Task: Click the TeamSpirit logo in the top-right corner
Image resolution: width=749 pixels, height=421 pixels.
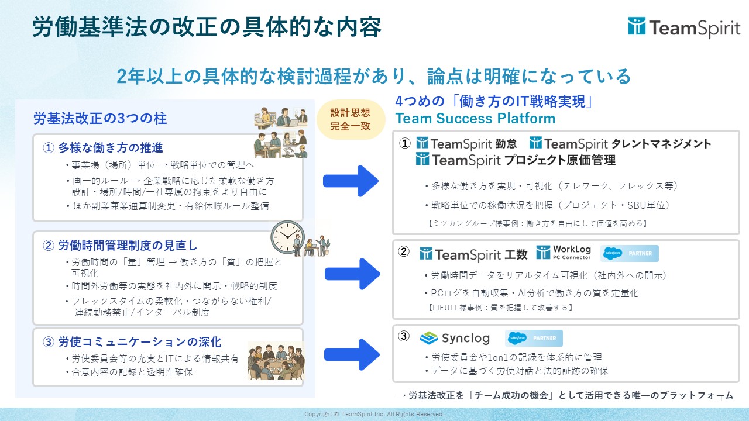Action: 684,27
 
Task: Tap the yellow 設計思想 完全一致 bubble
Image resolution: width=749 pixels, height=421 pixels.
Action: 351,119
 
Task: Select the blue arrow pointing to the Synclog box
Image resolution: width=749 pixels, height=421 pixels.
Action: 352,354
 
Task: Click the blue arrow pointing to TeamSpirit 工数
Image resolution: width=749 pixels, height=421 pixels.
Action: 352,274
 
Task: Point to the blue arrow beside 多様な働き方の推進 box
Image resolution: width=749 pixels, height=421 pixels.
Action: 351,181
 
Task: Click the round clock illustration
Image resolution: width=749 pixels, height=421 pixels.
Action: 287,237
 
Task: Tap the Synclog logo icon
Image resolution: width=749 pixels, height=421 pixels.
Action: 429,338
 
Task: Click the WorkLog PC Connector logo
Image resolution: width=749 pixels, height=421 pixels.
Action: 564,253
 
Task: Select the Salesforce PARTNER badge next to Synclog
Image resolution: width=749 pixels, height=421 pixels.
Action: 534,338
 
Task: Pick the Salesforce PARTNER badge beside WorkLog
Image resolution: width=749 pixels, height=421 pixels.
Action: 630,253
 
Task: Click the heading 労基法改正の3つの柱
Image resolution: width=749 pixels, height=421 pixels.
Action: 100,118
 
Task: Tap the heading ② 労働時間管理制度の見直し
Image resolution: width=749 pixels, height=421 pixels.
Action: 120,246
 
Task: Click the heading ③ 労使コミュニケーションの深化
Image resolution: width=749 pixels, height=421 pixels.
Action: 132,342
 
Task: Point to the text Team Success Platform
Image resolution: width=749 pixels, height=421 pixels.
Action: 475,118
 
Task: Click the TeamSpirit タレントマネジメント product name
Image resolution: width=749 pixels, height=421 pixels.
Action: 620,144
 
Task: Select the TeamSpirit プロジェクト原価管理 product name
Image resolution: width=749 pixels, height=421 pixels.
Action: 516,160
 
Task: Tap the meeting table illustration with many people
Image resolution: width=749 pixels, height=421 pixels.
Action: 276,361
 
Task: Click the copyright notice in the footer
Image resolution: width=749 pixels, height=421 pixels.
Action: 374,414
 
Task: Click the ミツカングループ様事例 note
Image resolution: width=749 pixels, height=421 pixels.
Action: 537,223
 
